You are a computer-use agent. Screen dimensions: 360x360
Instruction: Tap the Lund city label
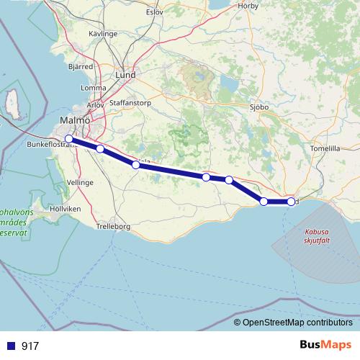coord(125,75)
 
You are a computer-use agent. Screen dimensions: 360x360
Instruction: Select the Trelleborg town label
coord(113,227)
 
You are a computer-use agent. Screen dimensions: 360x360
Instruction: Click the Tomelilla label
coord(324,148)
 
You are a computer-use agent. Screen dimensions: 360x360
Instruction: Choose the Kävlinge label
coord(103,34)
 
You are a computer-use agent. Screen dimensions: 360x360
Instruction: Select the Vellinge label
coord(80,183)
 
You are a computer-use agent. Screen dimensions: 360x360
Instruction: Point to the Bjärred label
coord(80,65)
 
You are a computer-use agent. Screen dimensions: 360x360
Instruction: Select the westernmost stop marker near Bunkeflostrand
coord(68,139)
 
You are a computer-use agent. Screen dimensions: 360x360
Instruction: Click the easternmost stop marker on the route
coord(291,202)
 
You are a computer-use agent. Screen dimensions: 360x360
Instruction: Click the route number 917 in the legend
coord(30,346)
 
